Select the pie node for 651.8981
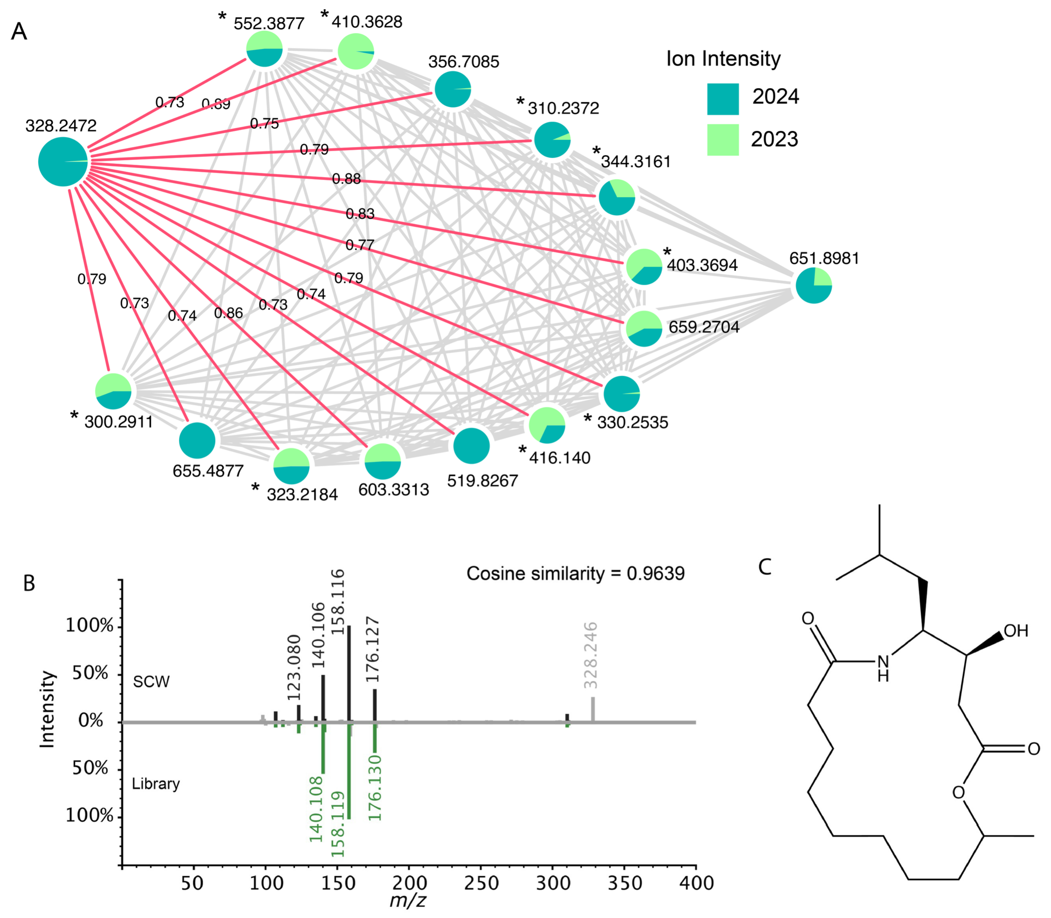tap(813, 285)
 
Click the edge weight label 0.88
tap(346, 179)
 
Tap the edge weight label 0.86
tap(228, 313)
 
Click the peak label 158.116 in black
tap(338, 602)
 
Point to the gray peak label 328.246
tap(591, 655)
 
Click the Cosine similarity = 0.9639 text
tap(575, 573)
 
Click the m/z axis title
tap(408, 900)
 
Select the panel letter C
tap(765, 567)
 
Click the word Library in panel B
tap(156, 784)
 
